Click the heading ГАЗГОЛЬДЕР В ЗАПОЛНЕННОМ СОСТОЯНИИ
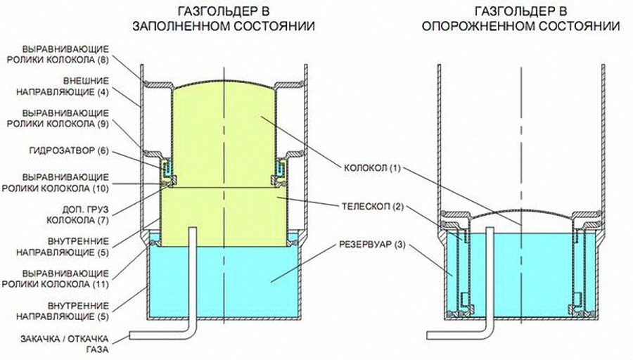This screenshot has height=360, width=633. click(x=224, y=19)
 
